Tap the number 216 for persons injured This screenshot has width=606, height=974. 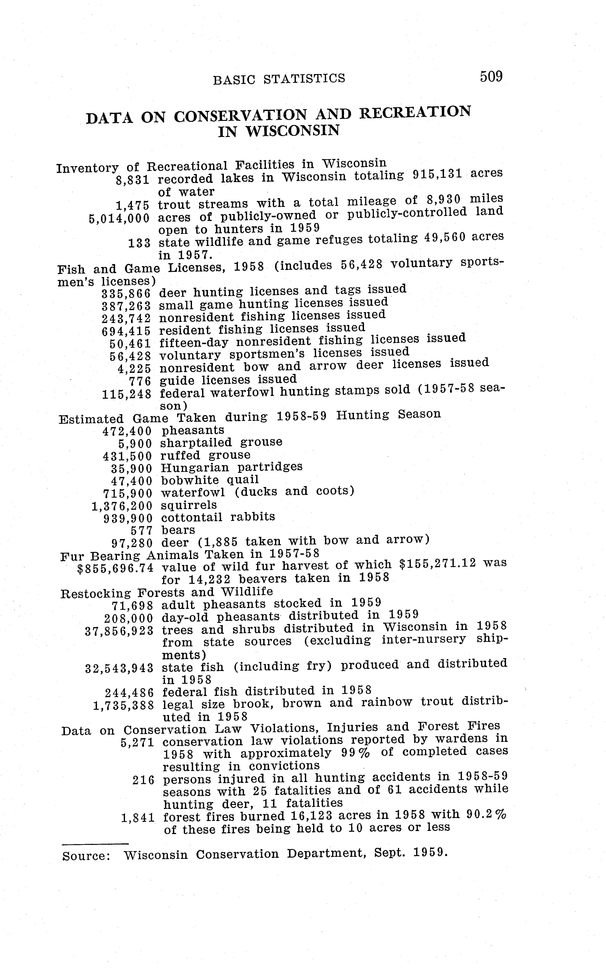[143, 780]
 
